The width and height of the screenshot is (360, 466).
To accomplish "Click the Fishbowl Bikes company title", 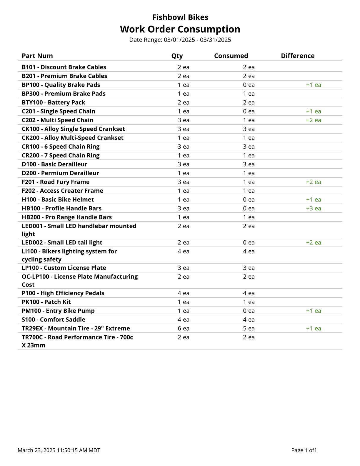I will (180, 17).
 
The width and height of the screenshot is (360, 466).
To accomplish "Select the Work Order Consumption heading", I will (180, 29).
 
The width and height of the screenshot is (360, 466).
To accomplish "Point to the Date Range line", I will (180, 40).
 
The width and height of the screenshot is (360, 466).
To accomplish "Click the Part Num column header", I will (37, 56).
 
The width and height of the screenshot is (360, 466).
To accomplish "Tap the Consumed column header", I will (231, 56).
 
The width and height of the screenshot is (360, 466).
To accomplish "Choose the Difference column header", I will (298, 56).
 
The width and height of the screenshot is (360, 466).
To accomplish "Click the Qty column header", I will (177, 56).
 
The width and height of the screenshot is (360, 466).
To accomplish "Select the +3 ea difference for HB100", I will (314, 209).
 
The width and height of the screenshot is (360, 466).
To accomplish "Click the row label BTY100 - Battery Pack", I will (54, 103).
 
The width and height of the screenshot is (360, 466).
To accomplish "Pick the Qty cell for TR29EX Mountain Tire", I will (184, 329).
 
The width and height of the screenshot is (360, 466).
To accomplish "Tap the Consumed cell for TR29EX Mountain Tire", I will (249, 329).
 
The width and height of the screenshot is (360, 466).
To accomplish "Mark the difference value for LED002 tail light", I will (314, 243).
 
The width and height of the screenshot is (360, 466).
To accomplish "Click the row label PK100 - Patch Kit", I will (46, 302).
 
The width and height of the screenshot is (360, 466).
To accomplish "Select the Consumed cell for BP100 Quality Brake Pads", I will (249, 85).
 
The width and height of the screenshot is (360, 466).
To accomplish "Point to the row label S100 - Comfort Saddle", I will (54, 320).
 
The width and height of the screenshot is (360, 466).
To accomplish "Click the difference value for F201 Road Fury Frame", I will (314, 182).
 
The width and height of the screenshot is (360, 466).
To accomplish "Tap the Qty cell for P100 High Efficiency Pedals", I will (184, 293).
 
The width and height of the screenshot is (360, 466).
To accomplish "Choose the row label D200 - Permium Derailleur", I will (60, 173).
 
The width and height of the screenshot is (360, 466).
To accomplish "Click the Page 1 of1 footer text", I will (304, 450).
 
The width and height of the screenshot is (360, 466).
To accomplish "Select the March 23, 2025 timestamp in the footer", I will (59, 450).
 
